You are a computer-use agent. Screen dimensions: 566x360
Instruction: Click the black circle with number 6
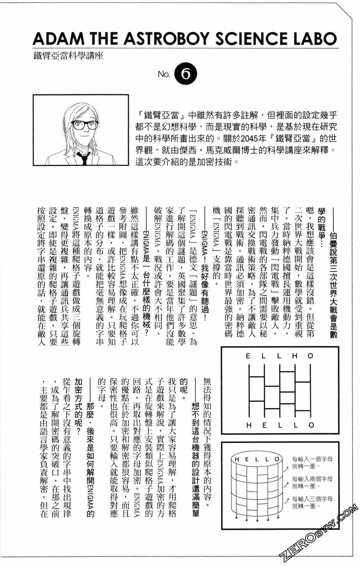pyautogui.click(x=186, y=74)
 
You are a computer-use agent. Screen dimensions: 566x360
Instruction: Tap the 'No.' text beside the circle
pyautogui.click(x=164, y=74)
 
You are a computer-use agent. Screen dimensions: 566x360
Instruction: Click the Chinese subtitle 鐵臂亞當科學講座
pyautogui.click(x=68, y=56)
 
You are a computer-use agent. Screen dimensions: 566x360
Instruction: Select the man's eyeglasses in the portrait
pyautogui.click(x=84, y=125)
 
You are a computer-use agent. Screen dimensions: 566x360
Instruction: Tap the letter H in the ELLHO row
pyautogui.click(x=295, y=356)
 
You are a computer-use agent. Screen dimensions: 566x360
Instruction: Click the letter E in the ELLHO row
pyautogui.click(x=248, y=356)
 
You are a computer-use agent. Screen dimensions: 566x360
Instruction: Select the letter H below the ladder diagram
pyautogui.click(x=249, y=425)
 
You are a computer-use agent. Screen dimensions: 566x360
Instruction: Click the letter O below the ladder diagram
pyautogui.click(x=311, y=425)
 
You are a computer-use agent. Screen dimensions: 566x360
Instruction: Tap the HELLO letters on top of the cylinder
pyautogui.click(x=257, y=459)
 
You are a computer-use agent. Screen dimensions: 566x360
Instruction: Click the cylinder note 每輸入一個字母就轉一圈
pyautogui.click(x=312, y=462)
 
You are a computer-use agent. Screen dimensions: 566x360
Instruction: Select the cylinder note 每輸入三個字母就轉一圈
pyautogui.click(x=312, y=502)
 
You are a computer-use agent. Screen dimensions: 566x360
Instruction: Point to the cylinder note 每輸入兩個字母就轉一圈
pyautogui.click(x=312, y=482)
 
